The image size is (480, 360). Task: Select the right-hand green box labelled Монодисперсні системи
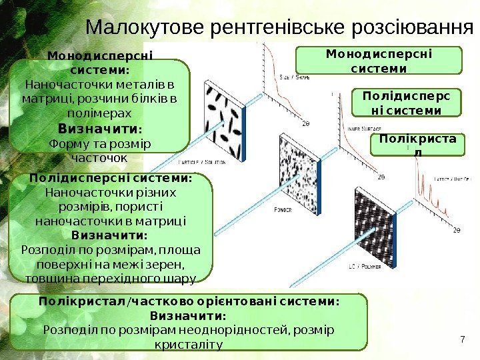pyautogui.click(x=378, y=60)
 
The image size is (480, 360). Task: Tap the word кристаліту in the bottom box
pyautogui.click(x=189, y=344)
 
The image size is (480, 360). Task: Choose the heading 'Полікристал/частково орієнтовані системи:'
pyautogui.click(x=189, y=301)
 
